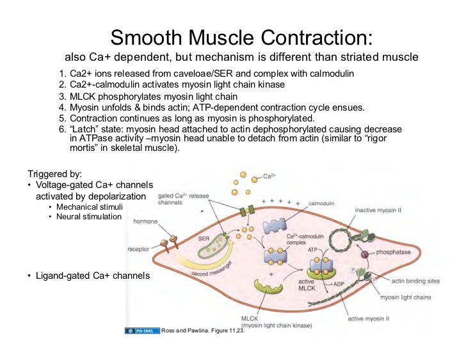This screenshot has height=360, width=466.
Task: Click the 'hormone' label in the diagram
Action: point(146,222)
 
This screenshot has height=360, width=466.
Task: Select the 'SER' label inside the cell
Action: point(204,237)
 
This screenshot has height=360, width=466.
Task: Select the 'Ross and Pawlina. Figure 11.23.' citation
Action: point(203,331)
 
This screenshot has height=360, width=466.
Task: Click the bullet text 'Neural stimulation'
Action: point(88,217)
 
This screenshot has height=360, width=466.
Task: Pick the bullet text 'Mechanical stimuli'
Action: point(88,207)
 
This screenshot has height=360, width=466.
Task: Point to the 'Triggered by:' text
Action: point(54,173)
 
